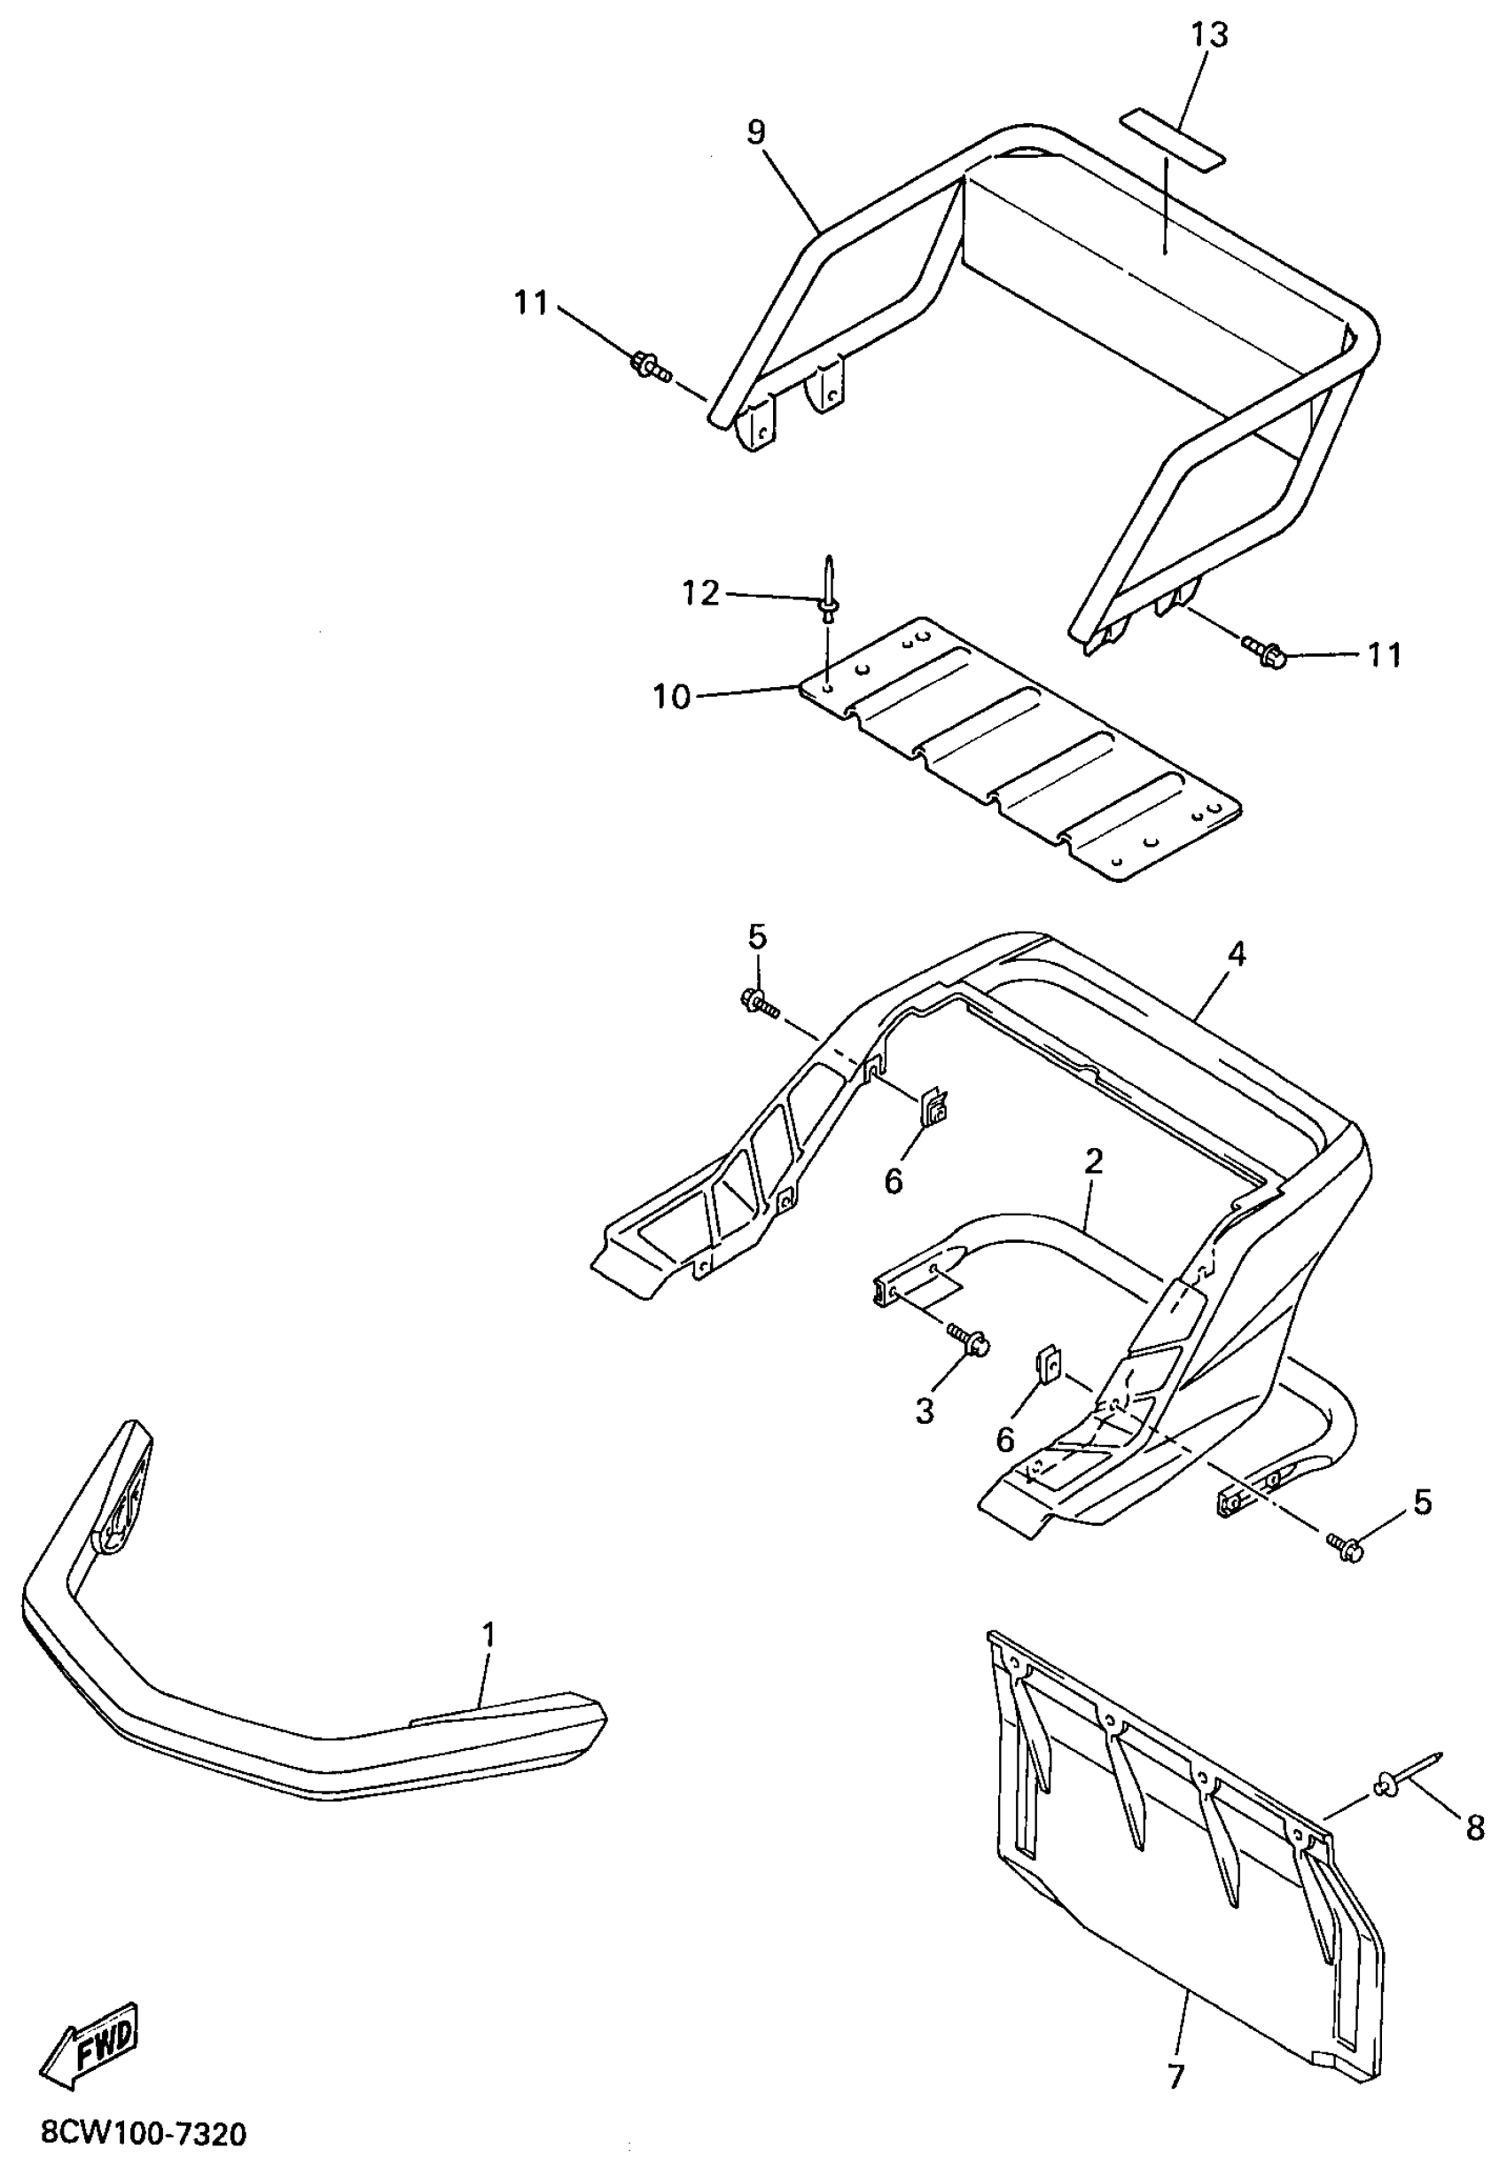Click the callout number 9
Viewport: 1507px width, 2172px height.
pyautogui.click(x=755, y=132)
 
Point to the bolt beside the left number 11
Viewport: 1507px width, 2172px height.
pyautogui.click(x=649, y=365)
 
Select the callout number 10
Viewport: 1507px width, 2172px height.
pyautogui.click(x=671, y=697)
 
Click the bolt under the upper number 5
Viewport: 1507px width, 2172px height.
pyautogui.click(x=758, y=1002)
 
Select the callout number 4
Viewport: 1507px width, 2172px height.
pyautogui.click(x=1236, y=955)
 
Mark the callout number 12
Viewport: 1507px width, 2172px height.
pyautogui.click(x=700, y=593)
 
